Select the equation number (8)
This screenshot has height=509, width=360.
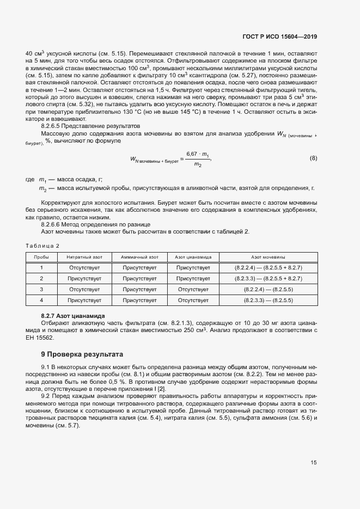coord(313,158)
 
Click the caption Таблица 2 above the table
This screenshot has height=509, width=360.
coord(43,246)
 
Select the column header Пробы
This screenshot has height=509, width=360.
coord(41,257)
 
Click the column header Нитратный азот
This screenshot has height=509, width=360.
coord(84,257)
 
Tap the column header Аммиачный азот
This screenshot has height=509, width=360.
coord(139,257)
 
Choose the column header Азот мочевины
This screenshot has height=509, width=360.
coord(268,257)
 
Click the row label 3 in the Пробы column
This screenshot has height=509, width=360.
coord(41,289)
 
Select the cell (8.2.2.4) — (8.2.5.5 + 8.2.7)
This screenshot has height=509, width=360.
coord(268,268)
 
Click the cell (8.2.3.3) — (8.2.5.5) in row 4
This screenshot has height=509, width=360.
coord(268,300)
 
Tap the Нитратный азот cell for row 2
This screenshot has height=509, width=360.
coord(84,278)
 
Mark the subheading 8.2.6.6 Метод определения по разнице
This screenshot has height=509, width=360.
coord(96,224)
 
